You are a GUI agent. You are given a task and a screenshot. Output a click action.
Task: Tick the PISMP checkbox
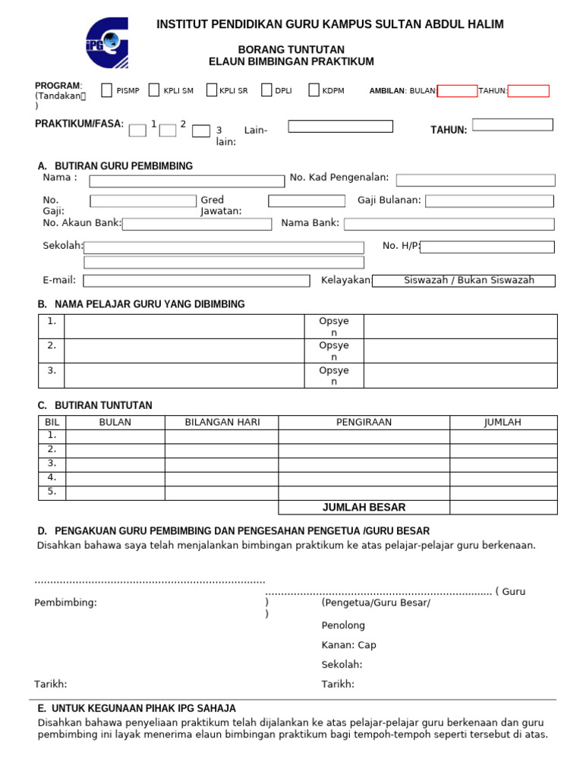pos(107,90)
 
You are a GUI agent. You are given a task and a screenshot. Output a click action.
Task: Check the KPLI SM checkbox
pos(154,90)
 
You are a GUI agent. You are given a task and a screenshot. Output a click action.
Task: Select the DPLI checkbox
pos(266,90)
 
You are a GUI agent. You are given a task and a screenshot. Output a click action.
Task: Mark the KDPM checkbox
pos(314,90)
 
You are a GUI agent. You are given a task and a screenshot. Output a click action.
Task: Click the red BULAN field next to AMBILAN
pos(458,91)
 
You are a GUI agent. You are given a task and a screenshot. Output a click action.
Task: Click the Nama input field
pos(187,181)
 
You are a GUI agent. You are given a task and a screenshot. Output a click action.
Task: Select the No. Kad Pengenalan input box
pos(475,180)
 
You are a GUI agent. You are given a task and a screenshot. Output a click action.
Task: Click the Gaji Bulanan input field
pos(489,201)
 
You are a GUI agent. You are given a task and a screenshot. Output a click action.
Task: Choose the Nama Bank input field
pos(449,224)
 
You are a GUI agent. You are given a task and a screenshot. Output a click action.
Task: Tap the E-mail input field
pos(197,281)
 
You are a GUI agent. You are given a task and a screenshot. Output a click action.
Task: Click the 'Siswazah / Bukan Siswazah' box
pos(468,281)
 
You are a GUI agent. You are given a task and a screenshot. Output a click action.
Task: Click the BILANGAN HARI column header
pos(222,422)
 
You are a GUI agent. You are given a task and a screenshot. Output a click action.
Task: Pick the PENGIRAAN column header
pos(364,422)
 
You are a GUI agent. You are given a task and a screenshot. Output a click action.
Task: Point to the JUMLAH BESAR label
pos(364,508)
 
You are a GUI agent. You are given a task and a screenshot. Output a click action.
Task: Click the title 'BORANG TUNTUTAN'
pos(291,49)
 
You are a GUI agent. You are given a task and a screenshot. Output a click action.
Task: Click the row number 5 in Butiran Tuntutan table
pos(52,492)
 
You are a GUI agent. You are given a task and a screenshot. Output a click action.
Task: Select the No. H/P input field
pos(487,247)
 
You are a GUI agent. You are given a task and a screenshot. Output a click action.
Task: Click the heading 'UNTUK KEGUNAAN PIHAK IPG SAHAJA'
pos(143,708)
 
